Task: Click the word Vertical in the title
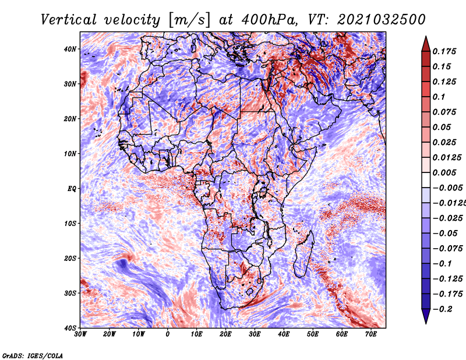coord(69,20)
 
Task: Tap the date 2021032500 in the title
coord(382,20)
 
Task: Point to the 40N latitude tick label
coord(70,49)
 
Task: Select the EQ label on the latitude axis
coord(72,189)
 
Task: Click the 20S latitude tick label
coord(70,258)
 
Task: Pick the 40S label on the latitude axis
coord(70,328)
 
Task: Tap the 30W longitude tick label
coord(80,334)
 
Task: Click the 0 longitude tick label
coord(168,334)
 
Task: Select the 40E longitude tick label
coord(284,334)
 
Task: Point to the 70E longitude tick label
coord(371,334)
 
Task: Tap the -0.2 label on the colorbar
coord(442,309)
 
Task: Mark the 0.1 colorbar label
coord(439,97)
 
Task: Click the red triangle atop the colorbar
coord(426,44)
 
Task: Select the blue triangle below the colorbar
coord(426,316)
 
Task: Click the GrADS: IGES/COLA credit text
coord(33,356)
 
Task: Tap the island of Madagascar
coord(303,254)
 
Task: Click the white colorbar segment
coord(426,180)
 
